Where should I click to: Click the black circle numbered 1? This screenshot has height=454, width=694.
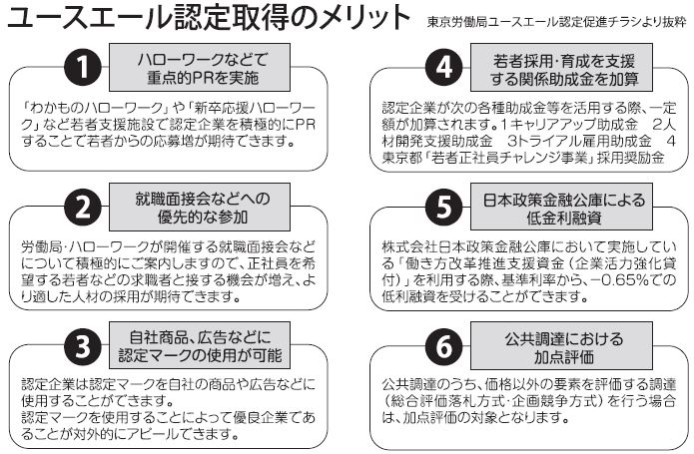click(x=83, y=67)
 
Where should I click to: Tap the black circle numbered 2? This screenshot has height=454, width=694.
click(x=83, y=207)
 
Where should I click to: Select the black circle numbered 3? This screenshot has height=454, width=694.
click(x=83, y=346)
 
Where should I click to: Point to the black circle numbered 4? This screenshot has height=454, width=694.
click(x=444, y=67)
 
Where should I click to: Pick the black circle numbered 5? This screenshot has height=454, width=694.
click(x=444, y=207)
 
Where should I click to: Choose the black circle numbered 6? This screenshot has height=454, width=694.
click(x=444, y=346)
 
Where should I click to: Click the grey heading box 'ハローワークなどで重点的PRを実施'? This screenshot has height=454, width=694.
click(x=200, y=68)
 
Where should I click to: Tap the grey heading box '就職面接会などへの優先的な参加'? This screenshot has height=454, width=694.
click(x=200, y=207)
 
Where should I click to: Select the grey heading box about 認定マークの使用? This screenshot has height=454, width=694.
click(x=200, y=345)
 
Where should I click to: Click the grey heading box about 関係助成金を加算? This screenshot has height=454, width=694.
click(x=561, y=68)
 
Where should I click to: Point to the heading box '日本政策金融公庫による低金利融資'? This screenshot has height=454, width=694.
click(x=561, y=207)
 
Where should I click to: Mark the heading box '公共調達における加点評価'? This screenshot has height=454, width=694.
click(x=561, y=345)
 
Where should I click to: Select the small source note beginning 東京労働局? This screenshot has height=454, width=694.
click(x=556, y=22)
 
